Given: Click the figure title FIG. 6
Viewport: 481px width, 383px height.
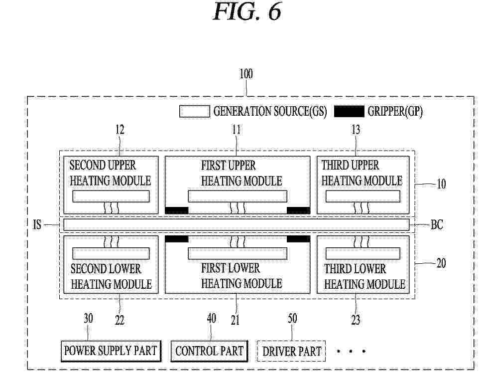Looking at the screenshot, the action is pos(247,11).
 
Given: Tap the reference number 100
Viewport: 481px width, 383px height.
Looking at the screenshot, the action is pos(245,74).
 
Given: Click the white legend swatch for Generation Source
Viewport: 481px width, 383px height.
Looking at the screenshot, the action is pos(195,111).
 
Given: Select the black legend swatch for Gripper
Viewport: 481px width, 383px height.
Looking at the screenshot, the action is pos(349,111).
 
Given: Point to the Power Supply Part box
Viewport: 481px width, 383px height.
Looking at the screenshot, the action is pos(111,351).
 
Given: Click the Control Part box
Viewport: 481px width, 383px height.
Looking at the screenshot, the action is pos(209,351).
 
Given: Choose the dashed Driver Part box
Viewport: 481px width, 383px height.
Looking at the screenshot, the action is pos(291,351).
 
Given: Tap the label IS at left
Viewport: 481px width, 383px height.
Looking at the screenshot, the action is pos(37,224).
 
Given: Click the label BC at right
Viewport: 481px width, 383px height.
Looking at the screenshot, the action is pos(437,224).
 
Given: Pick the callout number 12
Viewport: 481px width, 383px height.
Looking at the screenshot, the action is pos(120,130).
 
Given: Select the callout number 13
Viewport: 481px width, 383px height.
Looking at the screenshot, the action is pos(356,130).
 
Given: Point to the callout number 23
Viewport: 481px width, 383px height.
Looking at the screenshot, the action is pos(356,320).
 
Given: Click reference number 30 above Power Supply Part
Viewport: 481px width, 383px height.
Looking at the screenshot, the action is pos(88,319).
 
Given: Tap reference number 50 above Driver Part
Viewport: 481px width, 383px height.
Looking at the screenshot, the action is pos(292,319).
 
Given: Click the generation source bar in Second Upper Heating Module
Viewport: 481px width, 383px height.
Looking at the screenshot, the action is pos(111,196).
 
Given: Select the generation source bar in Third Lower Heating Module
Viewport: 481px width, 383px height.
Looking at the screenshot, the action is pos(363,253).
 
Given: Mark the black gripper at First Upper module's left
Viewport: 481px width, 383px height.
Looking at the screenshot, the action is pos(177,210).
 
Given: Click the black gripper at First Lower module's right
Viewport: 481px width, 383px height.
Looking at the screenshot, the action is pos(298,239).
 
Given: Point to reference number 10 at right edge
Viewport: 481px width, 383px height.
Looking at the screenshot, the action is pos(441,185).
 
